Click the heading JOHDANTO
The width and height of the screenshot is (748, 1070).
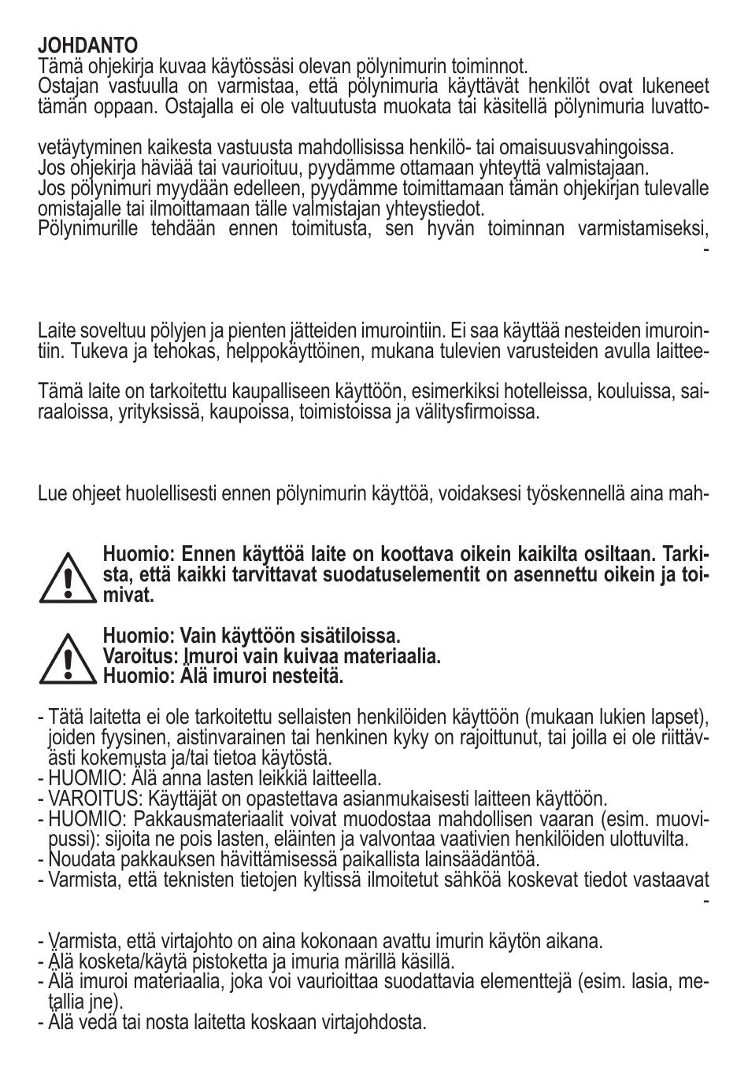(87, 46)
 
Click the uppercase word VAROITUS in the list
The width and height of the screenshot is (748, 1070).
(85, 799)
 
